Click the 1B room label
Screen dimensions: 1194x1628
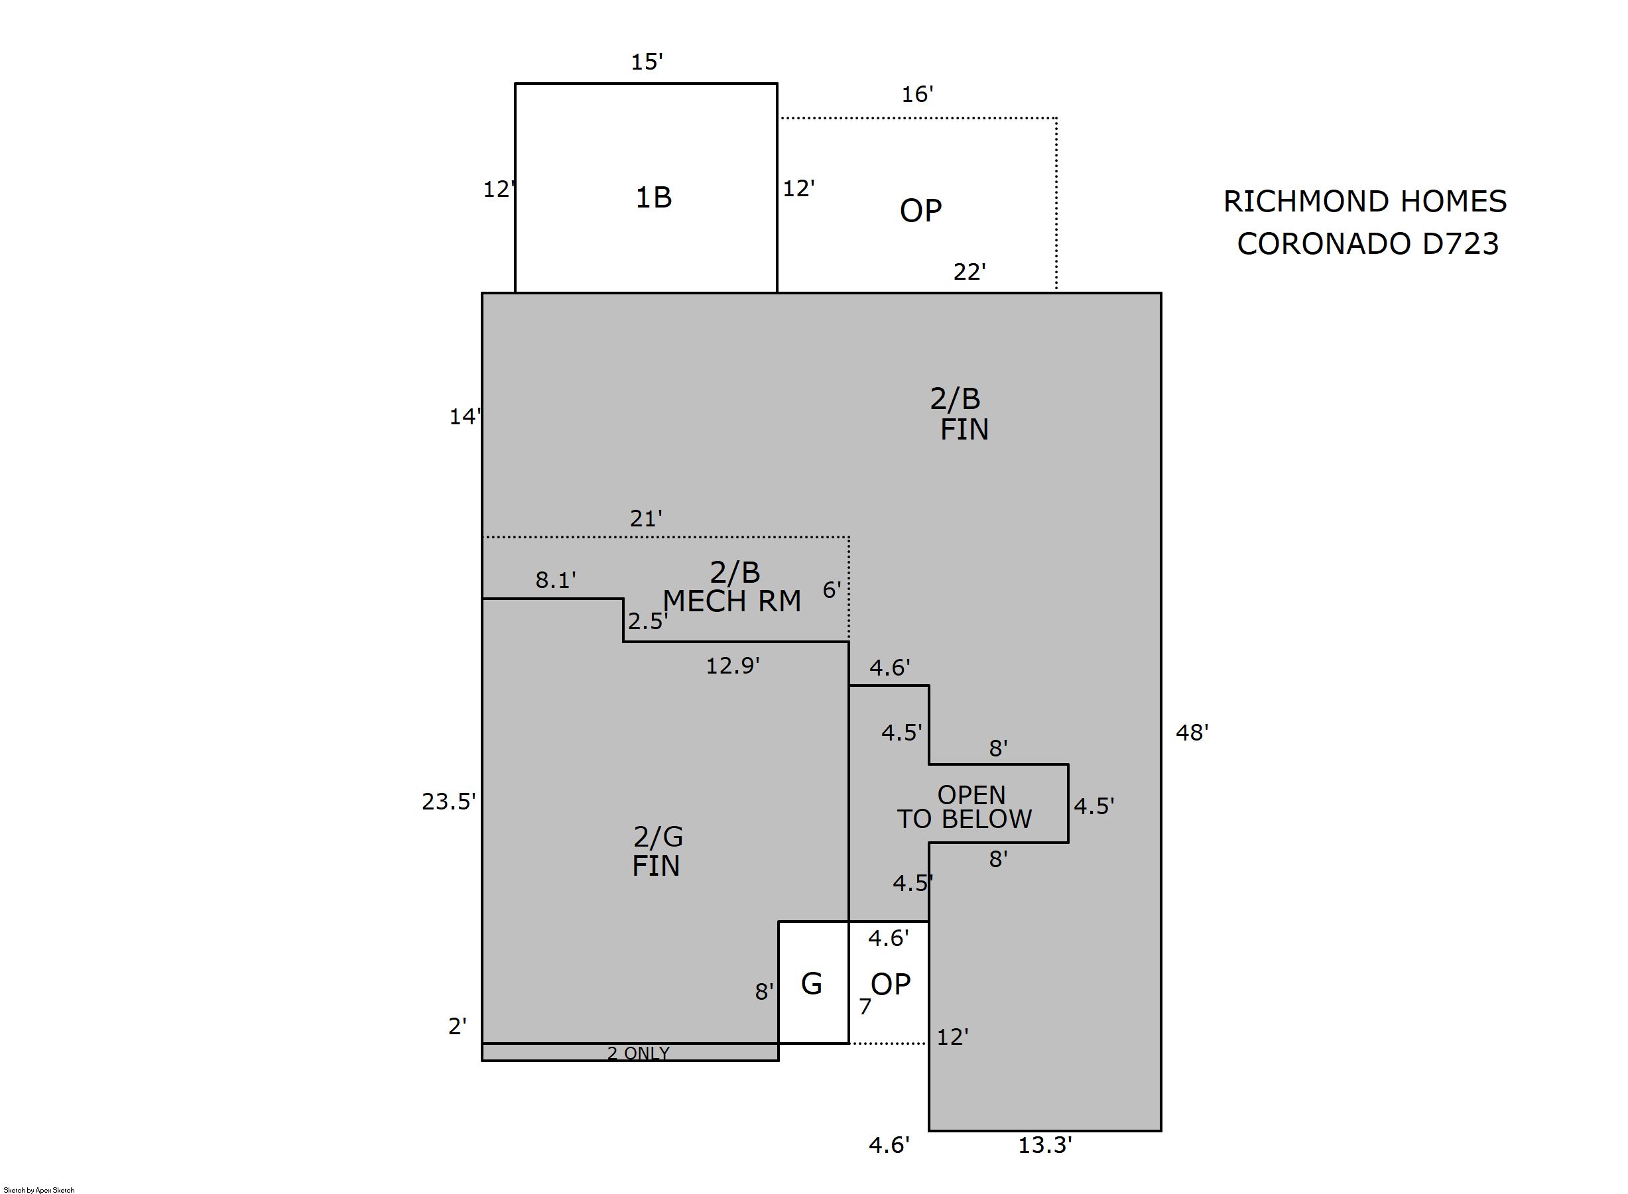[653, 198]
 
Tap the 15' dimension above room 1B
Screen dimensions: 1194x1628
[647, 62]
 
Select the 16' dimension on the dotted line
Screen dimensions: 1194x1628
[916, 95]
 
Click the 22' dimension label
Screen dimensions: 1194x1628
[969, 272]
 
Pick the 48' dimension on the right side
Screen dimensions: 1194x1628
[1192, 733]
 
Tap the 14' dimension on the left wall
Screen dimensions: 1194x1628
[464, 417]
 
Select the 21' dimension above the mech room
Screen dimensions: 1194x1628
[645, 518]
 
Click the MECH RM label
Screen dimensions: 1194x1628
[731, 601]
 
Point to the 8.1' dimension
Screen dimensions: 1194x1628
[555, 579]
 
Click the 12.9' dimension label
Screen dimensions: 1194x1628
[731, 666]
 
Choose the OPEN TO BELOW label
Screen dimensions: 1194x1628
[964, 807]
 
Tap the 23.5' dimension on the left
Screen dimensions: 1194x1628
[448, 802]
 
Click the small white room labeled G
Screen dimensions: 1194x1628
[812, 984]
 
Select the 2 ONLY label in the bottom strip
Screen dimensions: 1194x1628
[638, 1053]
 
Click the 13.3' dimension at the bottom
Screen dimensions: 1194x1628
[1044, 1146]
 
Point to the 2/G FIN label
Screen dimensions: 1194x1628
[657, 851]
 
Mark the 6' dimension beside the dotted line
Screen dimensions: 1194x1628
[832, 591]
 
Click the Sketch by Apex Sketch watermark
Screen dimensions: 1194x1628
[39, 1189]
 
